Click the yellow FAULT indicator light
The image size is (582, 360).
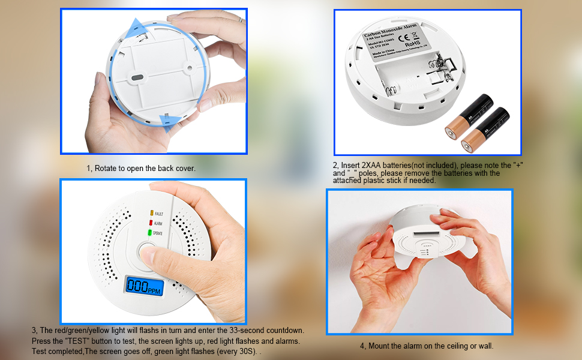pyautogui.click(x=151, y=213)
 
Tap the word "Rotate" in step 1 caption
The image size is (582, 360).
pyautogui.click(x=109, y=169)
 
